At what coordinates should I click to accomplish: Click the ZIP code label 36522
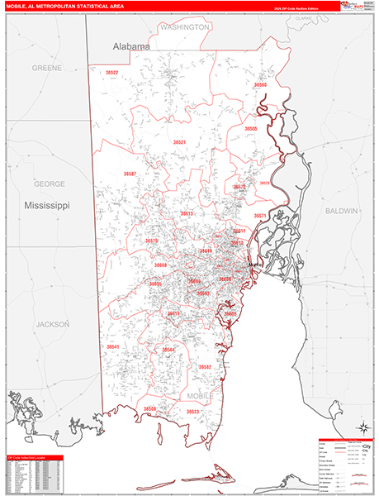tap(111, 73)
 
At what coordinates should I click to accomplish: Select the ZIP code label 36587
tap(130, 174)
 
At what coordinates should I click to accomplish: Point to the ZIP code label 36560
tap(261, 85)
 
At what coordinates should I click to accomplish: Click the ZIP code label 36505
tap(251, 129)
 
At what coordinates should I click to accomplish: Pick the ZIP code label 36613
tap(187, 213)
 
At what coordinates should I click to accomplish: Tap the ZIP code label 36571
tap(259, 216)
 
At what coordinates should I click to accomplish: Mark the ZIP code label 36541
tap(112, 346)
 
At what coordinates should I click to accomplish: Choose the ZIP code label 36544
tap(168, 350)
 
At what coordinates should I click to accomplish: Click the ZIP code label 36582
tap(205, 366)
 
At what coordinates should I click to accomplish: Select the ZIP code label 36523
tap(192, 411)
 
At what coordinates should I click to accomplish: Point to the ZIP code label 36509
tap(149, 408)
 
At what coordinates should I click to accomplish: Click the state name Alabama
tap(131, 47)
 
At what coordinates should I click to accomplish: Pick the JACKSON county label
tap(53, 325)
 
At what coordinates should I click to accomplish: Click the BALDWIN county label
tap(340, 211)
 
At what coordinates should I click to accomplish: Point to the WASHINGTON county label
tap(184, 27)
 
